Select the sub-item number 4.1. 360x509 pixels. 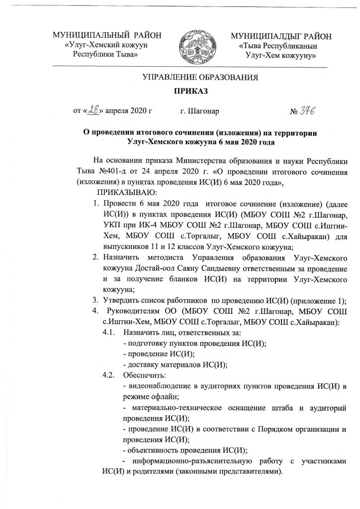pyautogui.click(x=108, y=331)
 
